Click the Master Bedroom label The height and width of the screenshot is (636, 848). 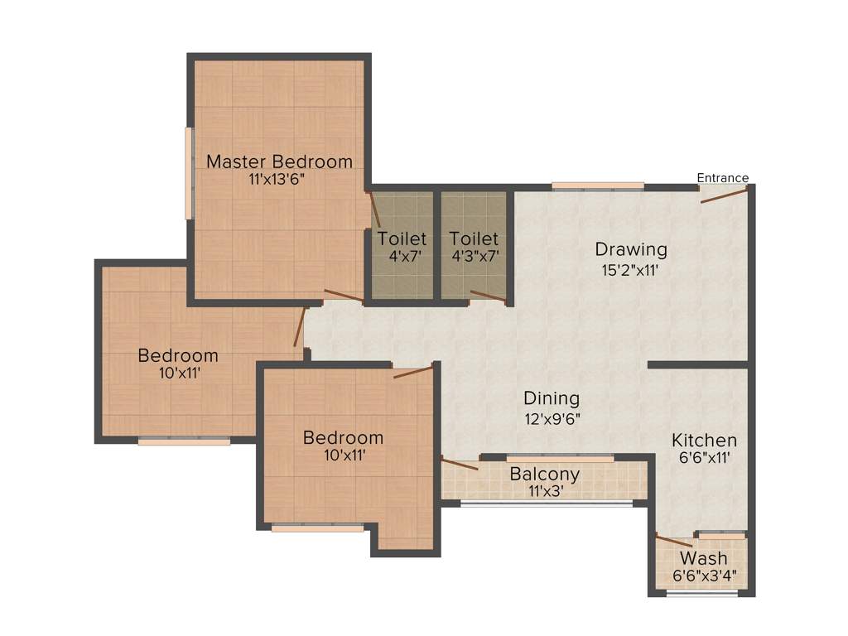pyautogui.click(x=279, y=161)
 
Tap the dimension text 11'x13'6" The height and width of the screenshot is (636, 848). pyautogui.click(x=279, y=180)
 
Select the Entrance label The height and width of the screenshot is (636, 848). pyautogui.click(x=722, y=178)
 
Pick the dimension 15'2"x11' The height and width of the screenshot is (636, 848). pyautogui.click(x=631, y=269)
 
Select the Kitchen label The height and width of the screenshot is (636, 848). pyautogui.click(x=704, y=440)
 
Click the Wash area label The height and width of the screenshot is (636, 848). pyautogui.click(x=703, y=558)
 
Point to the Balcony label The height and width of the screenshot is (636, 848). pyautogui.click(x=544, y=475)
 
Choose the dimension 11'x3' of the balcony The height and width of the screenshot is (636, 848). pyautogui.click(x=544, y=491)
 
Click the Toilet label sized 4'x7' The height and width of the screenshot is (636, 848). pyautogui.click(x=402, y=239)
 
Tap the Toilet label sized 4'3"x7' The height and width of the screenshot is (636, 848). pyautogui.click(x=474, y=239)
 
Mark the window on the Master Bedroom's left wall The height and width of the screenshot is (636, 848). pyautogui.click(x=189, y=173)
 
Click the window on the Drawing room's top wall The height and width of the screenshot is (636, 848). pyautogui.click(x=598, y=185)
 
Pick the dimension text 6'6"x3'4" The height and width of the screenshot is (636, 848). pyautogui.click(x=703, y=576)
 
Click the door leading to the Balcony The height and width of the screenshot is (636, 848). pyautogui.click(x=460, y=463)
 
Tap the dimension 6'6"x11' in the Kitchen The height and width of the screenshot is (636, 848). pyautogui.click(x=704, y=458)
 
